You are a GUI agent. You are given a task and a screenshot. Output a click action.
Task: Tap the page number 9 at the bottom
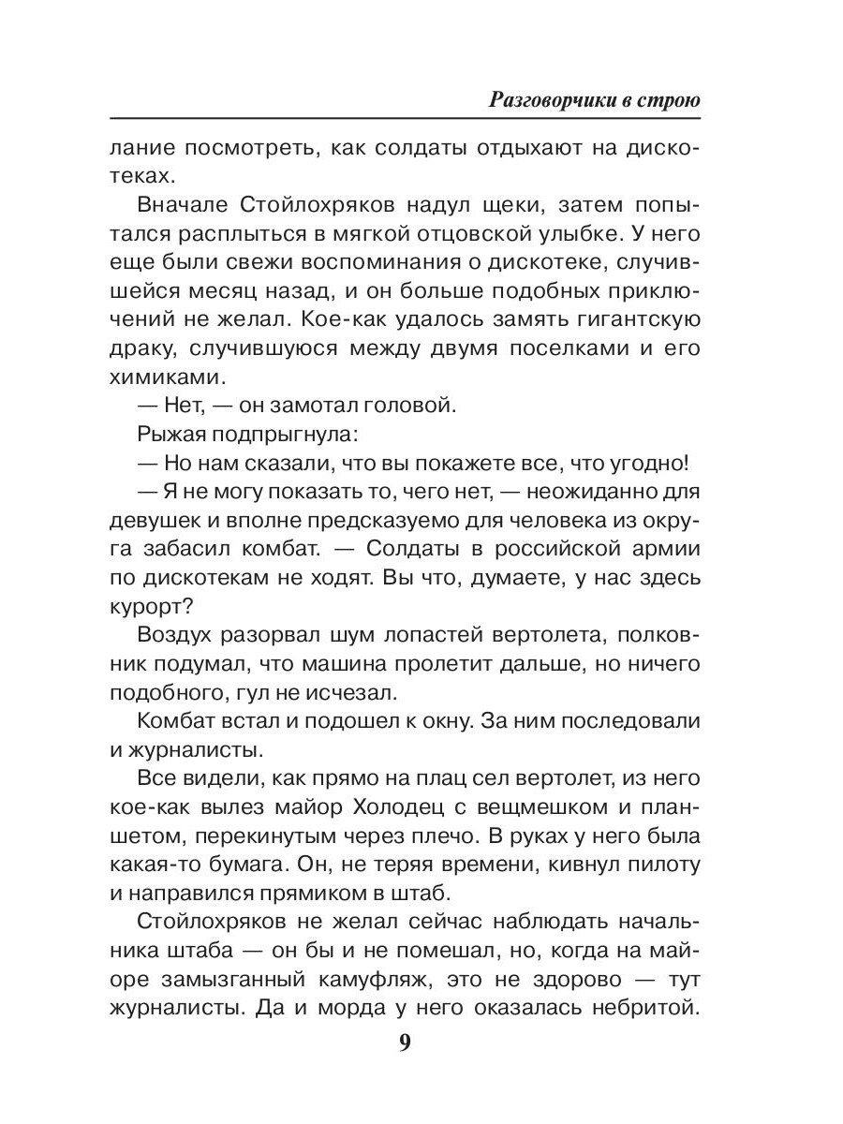(405, 1043)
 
